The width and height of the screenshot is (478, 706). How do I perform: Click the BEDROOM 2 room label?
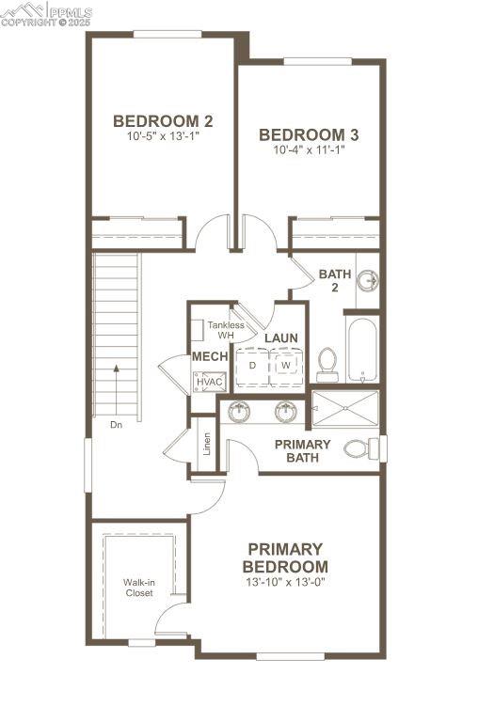(163, 120)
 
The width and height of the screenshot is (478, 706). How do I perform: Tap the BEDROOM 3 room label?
(309, 134)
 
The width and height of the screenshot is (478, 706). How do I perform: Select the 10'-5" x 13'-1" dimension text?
(163, 136)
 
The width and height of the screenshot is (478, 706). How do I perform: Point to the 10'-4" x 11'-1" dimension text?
(309, 149)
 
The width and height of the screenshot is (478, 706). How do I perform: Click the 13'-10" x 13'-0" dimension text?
(285, 582)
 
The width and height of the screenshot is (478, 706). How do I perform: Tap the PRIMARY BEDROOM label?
(285, 557)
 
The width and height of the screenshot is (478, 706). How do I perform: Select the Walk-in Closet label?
(138, 588)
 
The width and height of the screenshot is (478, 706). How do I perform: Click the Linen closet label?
(206, 445)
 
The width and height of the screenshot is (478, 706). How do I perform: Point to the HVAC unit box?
(209, 382)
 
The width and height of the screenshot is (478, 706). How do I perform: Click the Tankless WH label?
(226, 330)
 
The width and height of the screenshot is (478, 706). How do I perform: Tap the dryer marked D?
(252, 365)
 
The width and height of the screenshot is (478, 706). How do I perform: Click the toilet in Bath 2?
(327, 363)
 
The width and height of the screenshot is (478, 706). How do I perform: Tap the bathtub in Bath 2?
(362, 350)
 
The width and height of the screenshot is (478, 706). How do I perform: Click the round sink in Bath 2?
(369, 279)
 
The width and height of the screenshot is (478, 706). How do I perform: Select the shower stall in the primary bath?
(344, 408)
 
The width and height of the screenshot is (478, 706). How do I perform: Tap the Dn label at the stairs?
(117, 425)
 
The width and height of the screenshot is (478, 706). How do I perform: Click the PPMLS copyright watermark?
(46, 13)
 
